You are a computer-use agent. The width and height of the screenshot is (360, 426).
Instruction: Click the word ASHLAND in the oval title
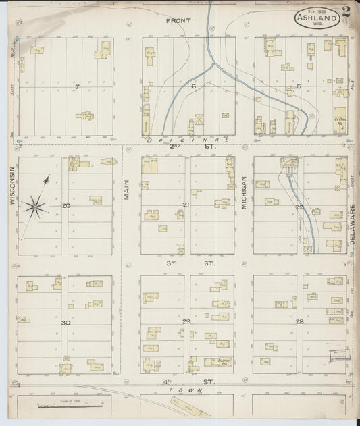(317, 20)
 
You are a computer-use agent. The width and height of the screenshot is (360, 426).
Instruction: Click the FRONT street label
(178, 21)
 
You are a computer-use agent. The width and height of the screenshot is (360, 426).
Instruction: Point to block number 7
(77, 87)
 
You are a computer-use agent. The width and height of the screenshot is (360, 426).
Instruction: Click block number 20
(66, 205)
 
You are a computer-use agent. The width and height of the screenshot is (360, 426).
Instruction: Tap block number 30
(66, 323)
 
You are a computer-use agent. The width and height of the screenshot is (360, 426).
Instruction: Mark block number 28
(299, 321)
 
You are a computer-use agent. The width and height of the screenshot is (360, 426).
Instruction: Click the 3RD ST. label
(186, 264)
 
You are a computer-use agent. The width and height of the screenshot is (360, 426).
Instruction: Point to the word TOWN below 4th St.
(181, 391)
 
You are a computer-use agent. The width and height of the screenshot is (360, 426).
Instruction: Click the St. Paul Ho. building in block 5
(340, 120)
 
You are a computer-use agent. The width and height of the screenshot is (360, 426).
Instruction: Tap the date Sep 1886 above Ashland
(315, 11)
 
